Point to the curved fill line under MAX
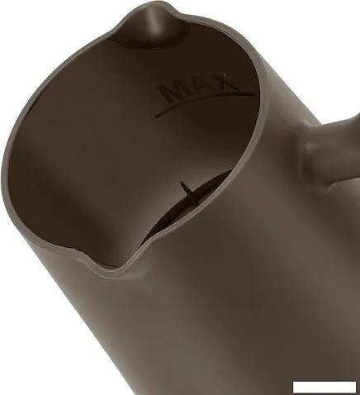(204, 100)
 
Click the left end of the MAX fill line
(155, 117)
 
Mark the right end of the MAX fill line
(254, 94)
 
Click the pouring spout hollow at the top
(154, 31)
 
